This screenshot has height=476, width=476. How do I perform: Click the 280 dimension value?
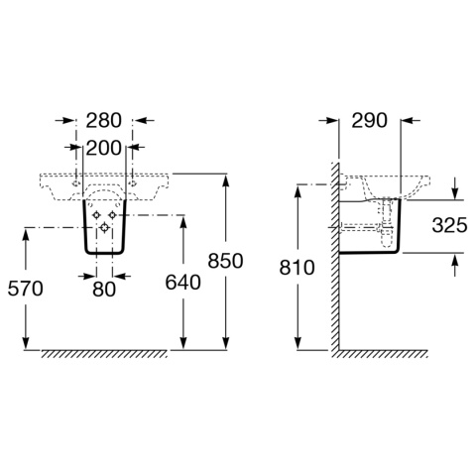pos(104,121)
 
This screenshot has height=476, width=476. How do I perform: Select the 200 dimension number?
pos(104,149)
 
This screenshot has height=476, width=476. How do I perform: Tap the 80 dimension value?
pos(104,290)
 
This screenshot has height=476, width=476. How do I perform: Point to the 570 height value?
pos(26,289)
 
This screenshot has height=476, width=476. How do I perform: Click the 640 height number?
pos(182,283)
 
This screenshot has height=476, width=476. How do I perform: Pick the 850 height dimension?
pos(225,261)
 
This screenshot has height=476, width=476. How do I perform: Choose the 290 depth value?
pos(369,121)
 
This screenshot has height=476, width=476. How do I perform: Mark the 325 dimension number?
pos(449,226)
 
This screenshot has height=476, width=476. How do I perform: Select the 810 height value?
pos(297,268)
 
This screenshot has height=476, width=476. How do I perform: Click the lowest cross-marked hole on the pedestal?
pos(104,227)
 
